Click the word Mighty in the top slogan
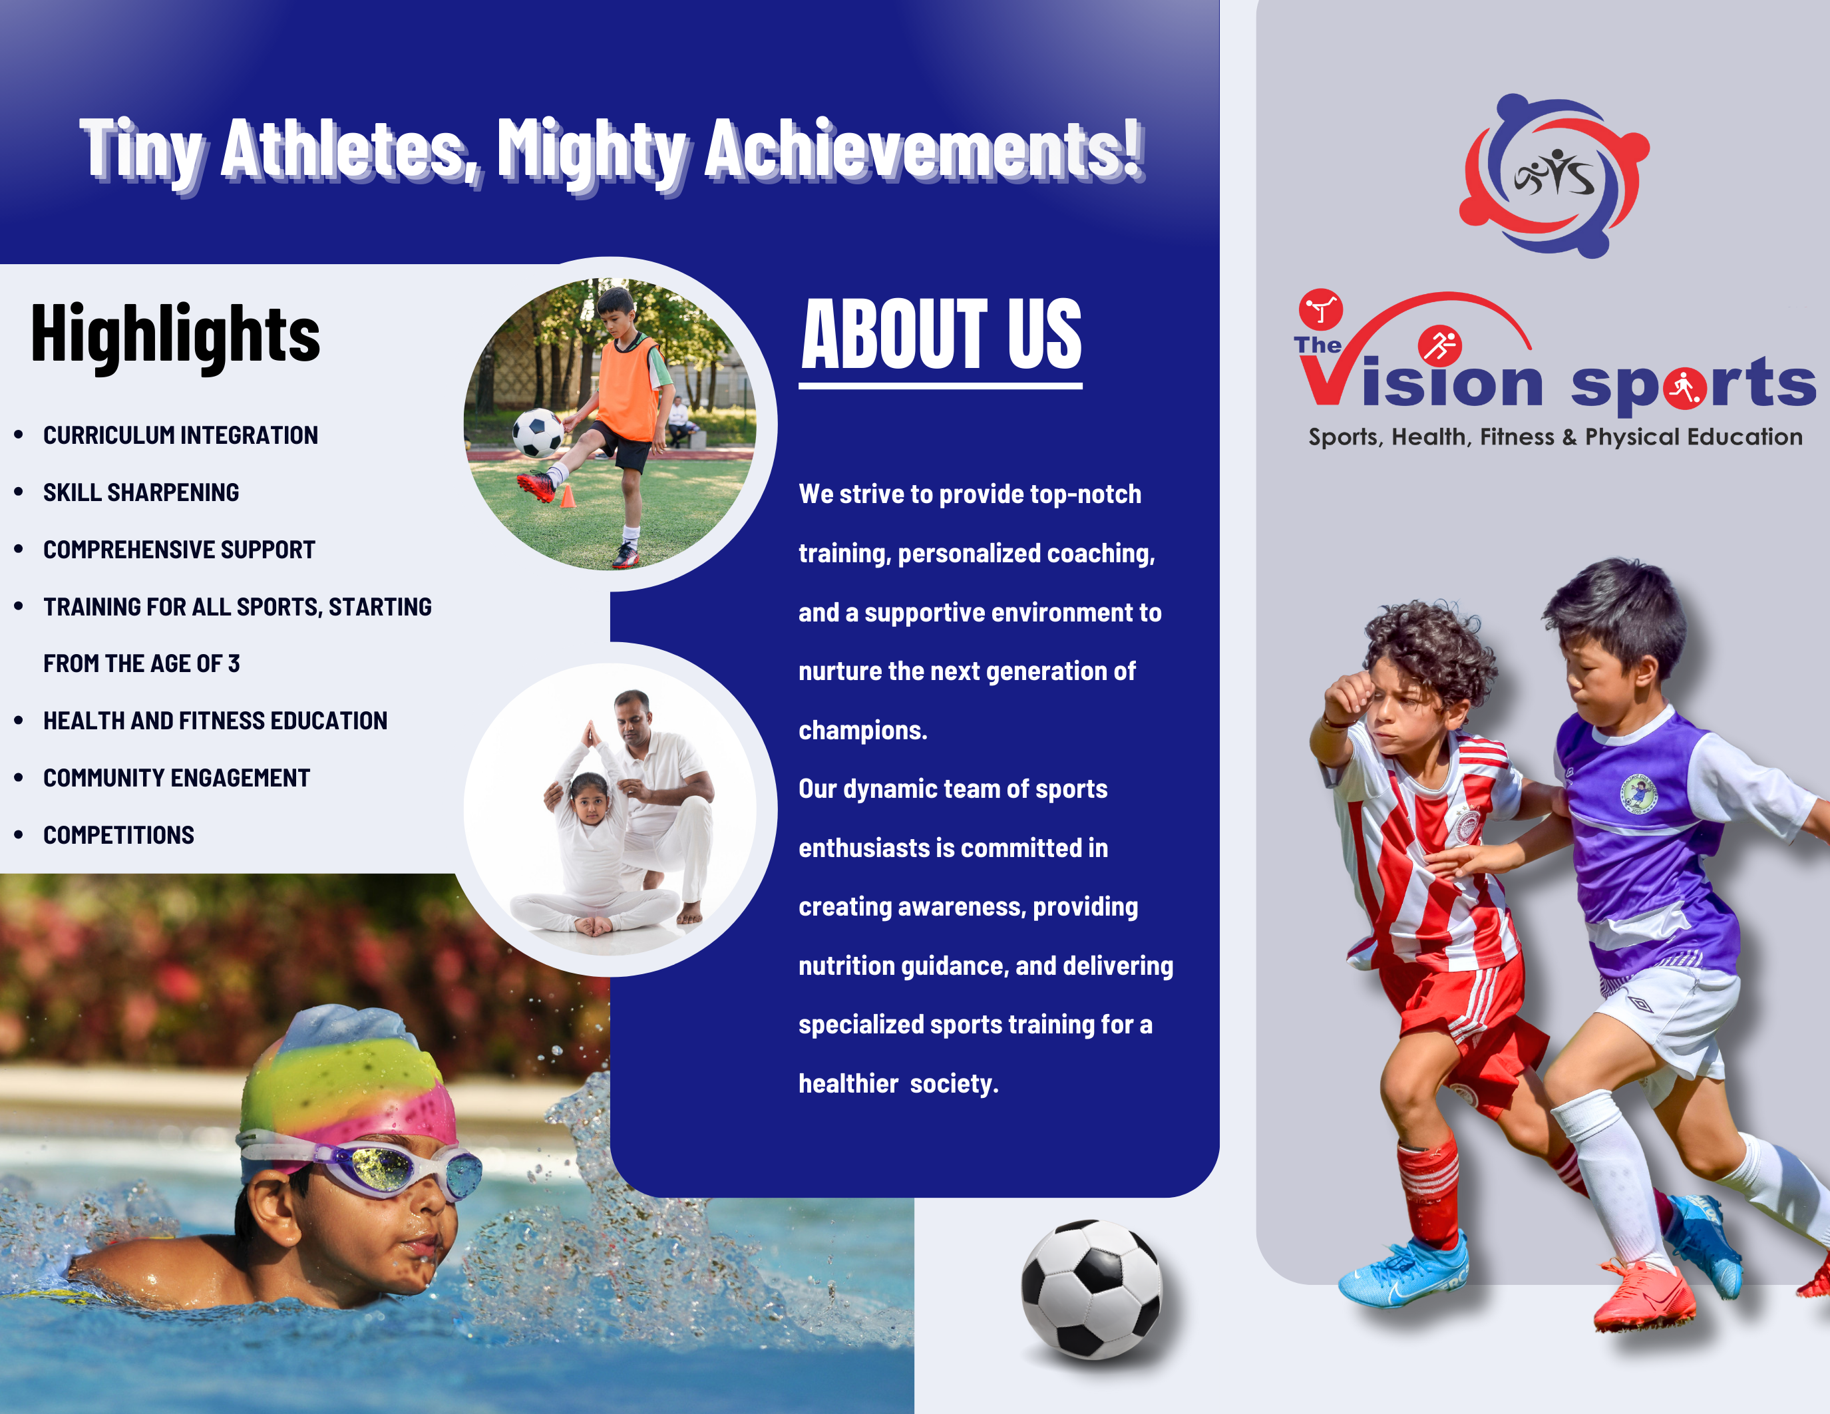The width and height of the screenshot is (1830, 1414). (x=592, y=152)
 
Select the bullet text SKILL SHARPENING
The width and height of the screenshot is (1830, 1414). (x=141, y=492)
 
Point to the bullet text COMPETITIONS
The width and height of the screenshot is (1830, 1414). (x=118, y=835)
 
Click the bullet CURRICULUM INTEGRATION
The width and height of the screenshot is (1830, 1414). (x=180, y=436)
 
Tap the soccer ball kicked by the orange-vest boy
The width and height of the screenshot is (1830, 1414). (x=537, y=433)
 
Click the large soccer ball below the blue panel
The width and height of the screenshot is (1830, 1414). (x=1091, y=1288)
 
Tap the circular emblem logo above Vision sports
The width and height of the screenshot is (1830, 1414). (x=1555, y=176)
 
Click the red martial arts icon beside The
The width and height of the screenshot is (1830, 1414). (x=1320, y=310)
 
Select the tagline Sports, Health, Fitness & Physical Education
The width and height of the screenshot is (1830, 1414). (x=1555, y=437)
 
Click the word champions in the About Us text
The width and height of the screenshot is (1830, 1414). (x=862, y=731)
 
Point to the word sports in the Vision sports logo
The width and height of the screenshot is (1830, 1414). (x=1692, y=385)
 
